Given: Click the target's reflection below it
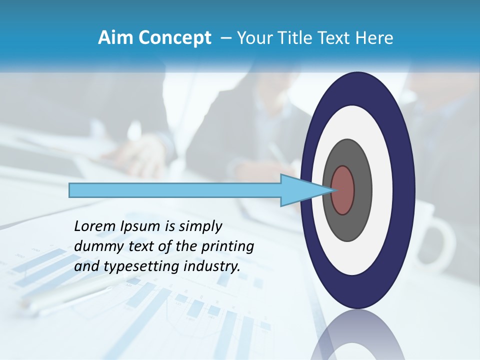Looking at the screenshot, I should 357,337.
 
